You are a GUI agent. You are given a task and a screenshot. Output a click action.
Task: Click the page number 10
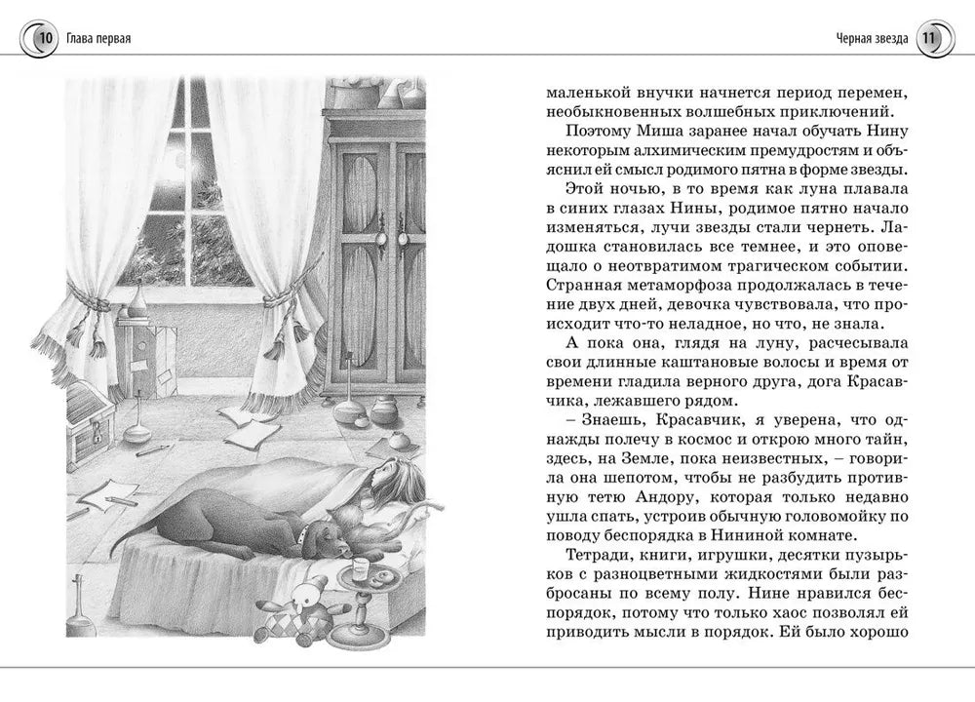[x=42, y=39]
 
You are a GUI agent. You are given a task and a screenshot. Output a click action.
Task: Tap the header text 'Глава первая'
[x=99, y=39]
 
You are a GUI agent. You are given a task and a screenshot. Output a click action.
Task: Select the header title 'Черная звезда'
[x=872, y=39]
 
